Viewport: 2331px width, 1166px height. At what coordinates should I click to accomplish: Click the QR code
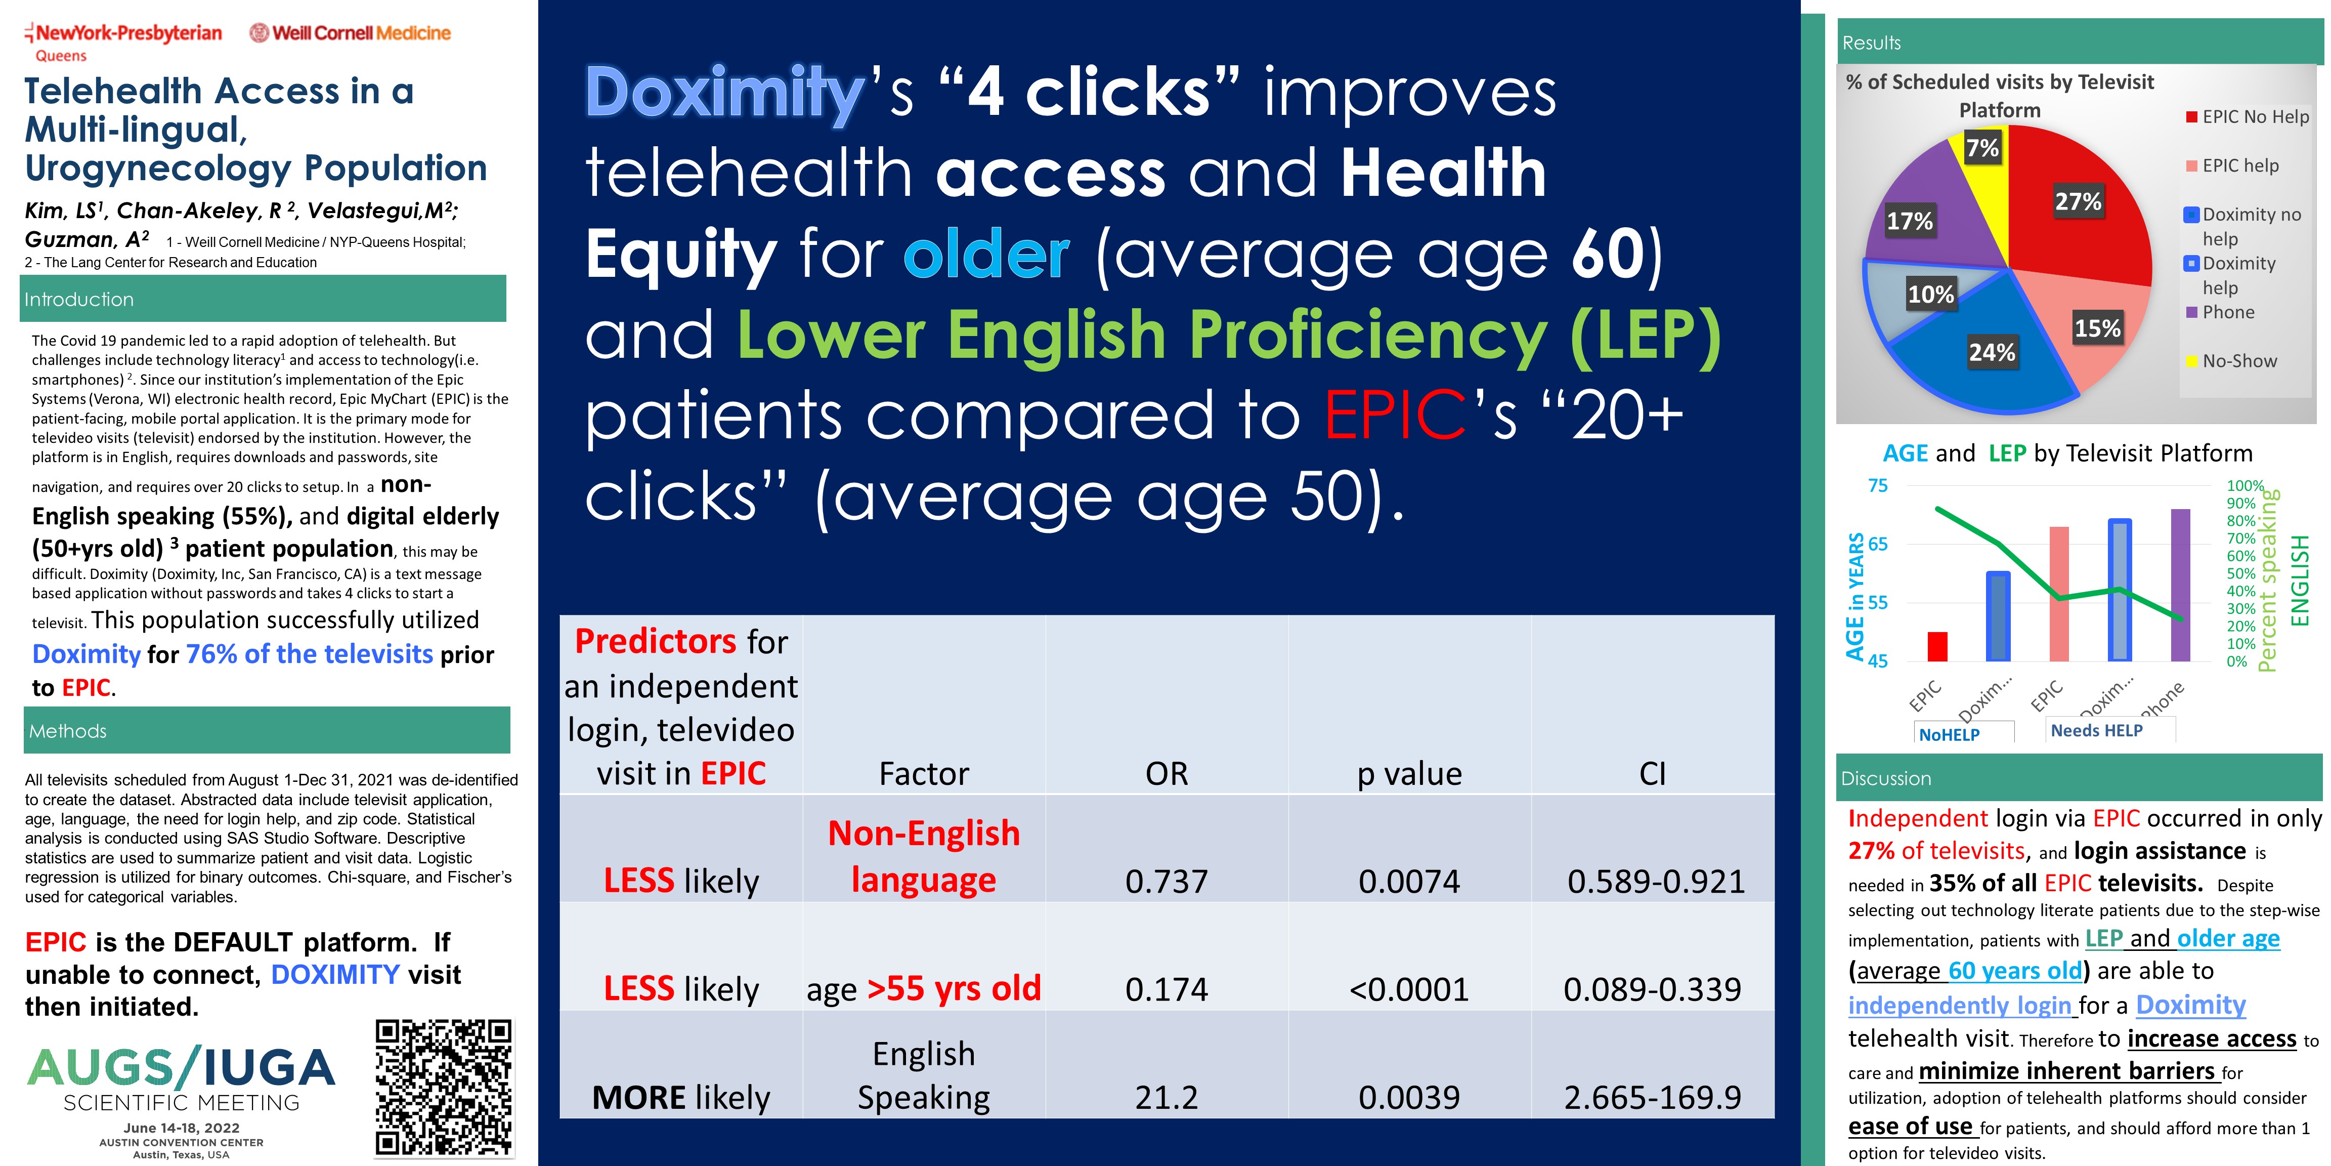click(x=444, y=1087)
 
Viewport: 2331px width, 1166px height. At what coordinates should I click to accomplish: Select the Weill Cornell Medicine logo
click(x=350, y=33)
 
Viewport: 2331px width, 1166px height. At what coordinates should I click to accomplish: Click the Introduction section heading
click(x=79, y=300)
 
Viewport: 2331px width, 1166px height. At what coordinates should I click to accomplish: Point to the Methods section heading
click(x=68, y=731)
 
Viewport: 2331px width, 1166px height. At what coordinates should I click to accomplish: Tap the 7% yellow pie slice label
click(x=1982, y=148)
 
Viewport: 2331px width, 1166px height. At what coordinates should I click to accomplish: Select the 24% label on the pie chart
click(x=1992, y=352)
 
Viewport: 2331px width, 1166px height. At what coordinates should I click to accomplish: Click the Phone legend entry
click(x=2220, y=312)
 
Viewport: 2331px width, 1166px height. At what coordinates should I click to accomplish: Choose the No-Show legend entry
click(x=2231, y=361)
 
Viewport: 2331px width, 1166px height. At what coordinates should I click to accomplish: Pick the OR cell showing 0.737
click(x=1167, y=881)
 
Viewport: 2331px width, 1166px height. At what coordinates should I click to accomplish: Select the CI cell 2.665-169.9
click(x=1652, y=1097)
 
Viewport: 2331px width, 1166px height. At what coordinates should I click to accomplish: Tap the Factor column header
click(x=924, y=774)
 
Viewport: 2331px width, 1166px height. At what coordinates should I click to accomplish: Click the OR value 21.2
click(x=1167, y=1097)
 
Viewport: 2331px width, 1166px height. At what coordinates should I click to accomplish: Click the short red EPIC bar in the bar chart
click(x=1937, y=646)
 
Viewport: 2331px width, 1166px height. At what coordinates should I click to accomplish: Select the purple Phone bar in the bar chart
click(x=2181, y=585)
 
